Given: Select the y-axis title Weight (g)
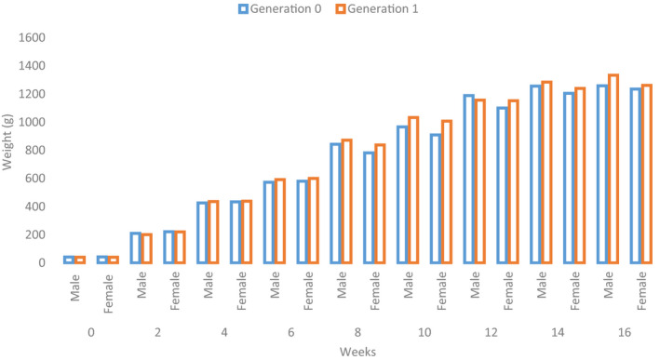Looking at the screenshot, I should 9,151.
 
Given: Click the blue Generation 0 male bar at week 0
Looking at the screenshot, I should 69,260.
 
